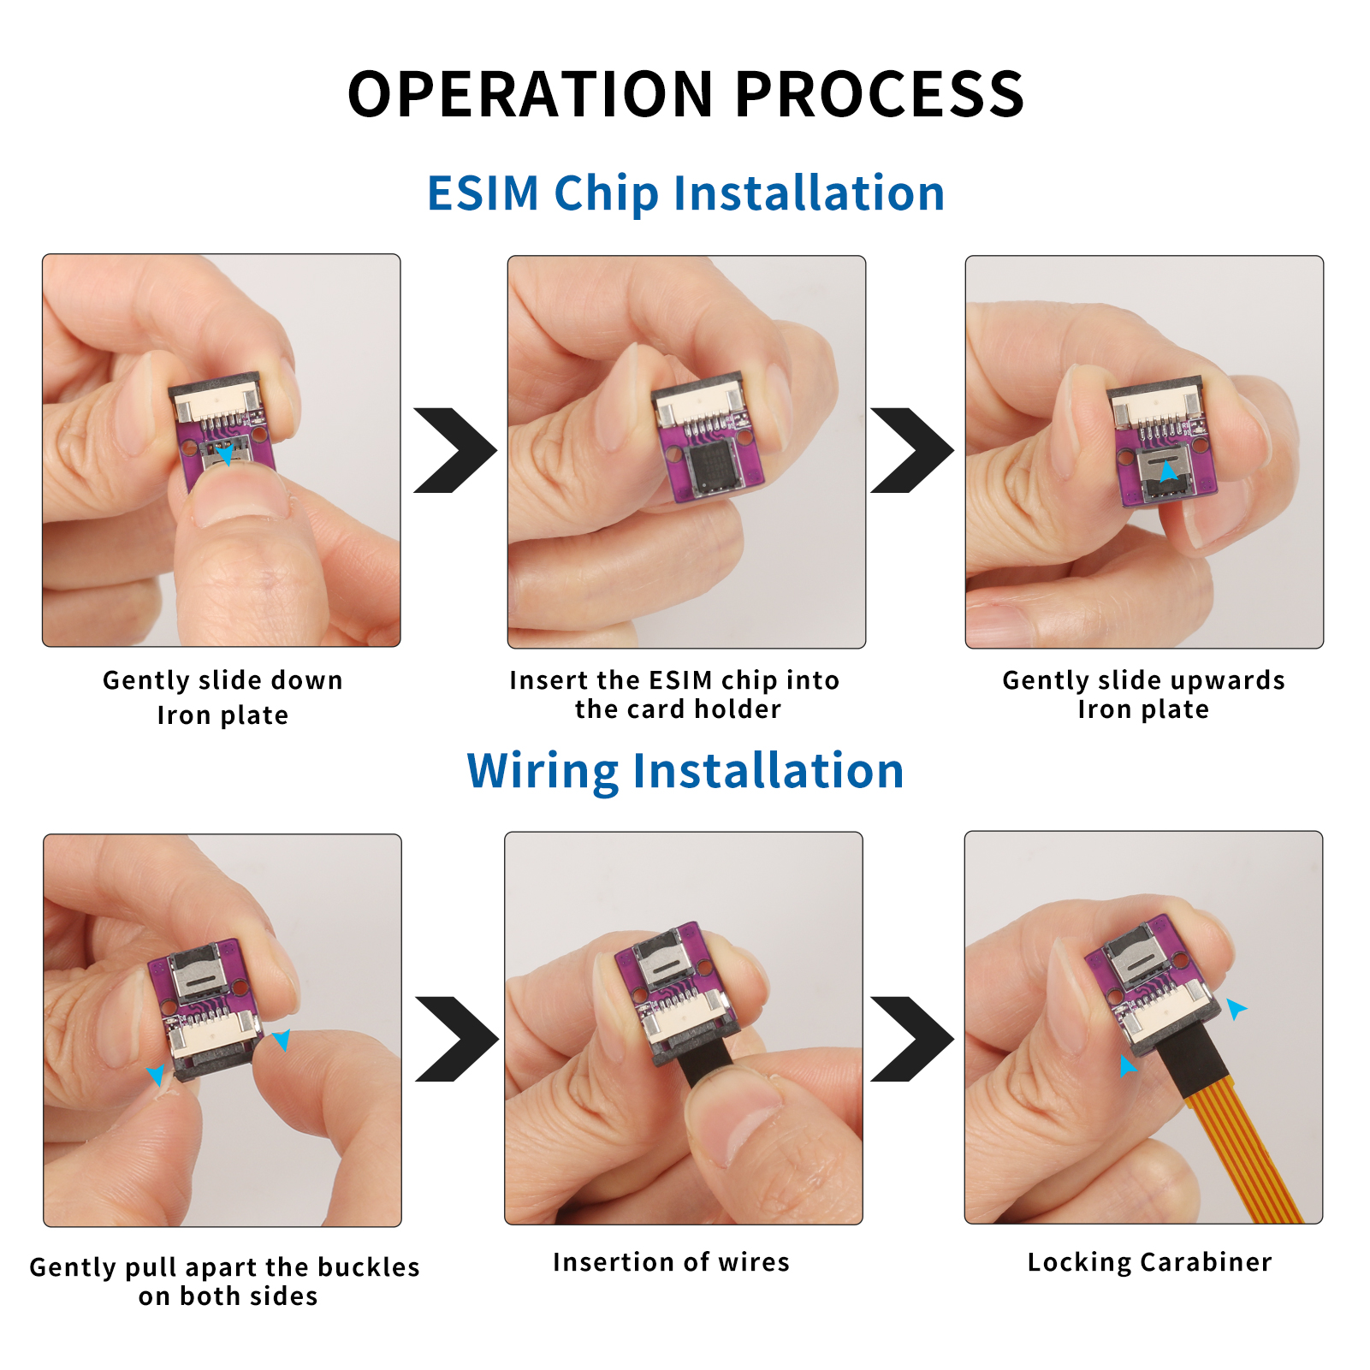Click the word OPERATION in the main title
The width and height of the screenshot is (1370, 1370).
pos(531,94)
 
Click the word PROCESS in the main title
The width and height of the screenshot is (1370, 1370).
pos(880,94)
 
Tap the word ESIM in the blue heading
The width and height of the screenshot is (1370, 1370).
pos(483,193)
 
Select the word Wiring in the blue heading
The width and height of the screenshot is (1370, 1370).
pos(543,772)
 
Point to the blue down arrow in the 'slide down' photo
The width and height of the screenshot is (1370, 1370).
pos(224,454)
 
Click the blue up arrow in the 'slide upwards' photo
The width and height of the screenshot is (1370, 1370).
pos(1168,470)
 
